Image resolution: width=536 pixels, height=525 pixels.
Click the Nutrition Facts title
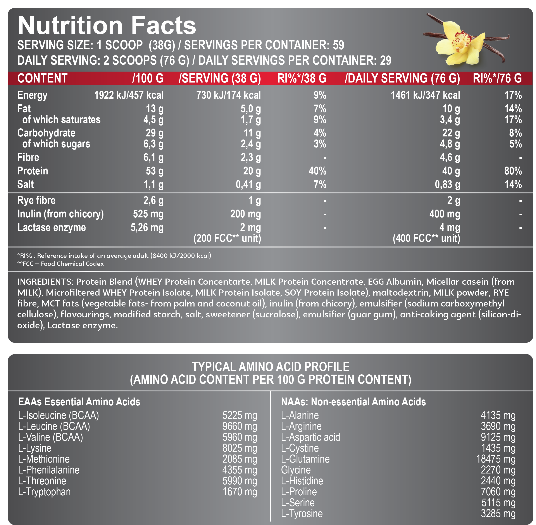[107, 25]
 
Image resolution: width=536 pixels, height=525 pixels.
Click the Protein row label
[33, 171]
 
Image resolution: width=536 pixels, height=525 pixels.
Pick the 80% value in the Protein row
[513, 171]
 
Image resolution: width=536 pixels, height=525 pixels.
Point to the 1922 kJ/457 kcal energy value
[129, 95]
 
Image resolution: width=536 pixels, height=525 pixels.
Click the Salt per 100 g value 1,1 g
[153, 184]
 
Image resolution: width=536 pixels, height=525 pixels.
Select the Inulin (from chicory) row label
[60, 214]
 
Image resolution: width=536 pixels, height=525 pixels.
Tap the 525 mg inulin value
[148, 214]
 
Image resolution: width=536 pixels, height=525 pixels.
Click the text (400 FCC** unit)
[426, 238]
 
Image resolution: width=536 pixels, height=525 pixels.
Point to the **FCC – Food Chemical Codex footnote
[60, 264]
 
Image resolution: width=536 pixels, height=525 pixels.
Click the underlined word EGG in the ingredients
[376, 282]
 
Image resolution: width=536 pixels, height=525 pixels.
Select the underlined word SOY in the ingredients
[293, 293]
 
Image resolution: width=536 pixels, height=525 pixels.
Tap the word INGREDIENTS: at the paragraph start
[45, 282]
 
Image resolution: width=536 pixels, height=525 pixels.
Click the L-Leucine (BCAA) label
[54, 426]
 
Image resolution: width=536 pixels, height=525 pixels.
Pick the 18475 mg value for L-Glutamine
[495, 459]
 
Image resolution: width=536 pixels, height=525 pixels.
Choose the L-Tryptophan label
[44, 492]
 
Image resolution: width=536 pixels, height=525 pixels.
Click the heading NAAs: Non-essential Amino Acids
[353, 402]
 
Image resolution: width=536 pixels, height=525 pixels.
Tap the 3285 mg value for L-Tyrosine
[498, 514]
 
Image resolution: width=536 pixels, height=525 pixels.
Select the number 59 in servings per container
[338, 45]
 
